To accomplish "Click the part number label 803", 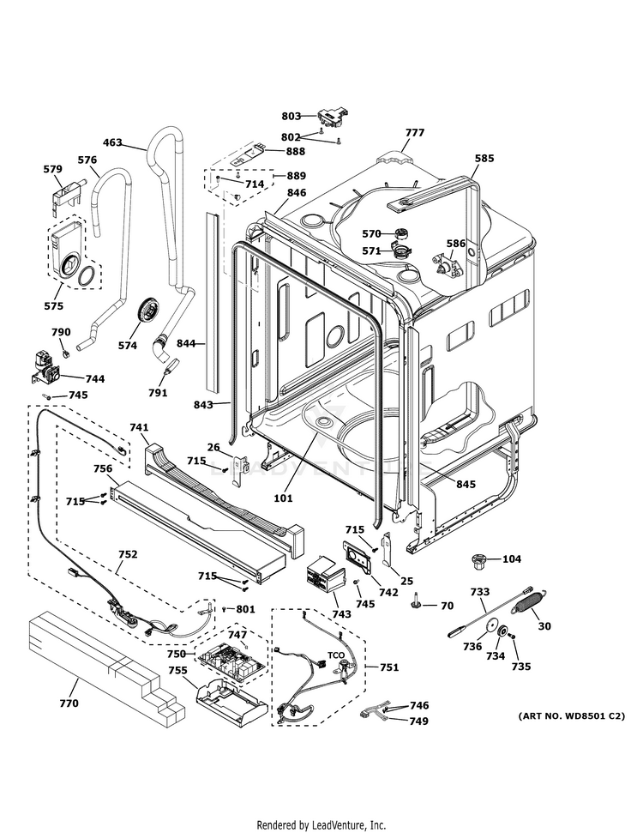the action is tap(291, 116).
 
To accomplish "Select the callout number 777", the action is tap(415, 132).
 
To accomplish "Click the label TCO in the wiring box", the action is tap(335, 655).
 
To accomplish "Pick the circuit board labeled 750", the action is tap(231, 658).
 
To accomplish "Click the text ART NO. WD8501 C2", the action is tap(571, 715).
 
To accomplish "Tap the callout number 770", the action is tap(69, 703).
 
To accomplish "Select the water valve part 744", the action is tap(45, 366).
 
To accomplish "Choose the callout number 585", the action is tap(484, 158).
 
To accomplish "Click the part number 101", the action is tap(283, 498).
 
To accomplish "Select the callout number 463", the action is tap(112, 142).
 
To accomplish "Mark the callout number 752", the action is tap(128, 554).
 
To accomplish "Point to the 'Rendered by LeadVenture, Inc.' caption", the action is tap(321, 825).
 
